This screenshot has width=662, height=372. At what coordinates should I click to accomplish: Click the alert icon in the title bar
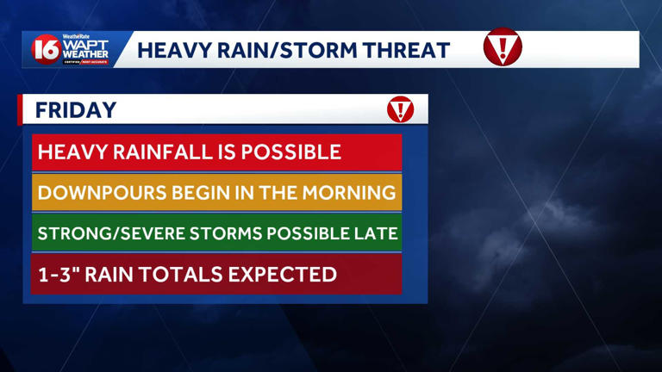[503, 48]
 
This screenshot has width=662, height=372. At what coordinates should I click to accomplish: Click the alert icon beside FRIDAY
[400, 109]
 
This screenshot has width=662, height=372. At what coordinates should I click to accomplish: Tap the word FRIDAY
[76, 110]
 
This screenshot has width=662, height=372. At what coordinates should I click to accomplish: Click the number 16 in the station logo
[46, 50]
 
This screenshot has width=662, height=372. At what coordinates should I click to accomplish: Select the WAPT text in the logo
[85, 44]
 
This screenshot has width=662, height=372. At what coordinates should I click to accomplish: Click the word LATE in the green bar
[378, 232]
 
